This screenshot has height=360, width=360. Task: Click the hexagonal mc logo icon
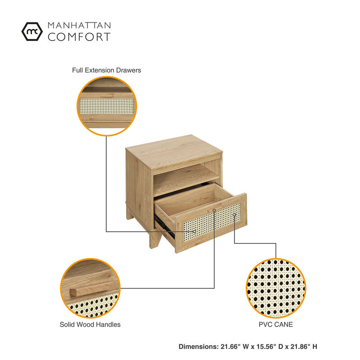pyautogui.click(x=32, y=31)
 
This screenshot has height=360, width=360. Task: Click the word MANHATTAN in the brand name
pyautogui.click(x=79, y=25)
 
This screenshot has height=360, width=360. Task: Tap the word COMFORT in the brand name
pyautogui.click(x=79, y=37)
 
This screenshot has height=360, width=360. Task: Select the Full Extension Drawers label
pyautogui.click(x=107, y=70)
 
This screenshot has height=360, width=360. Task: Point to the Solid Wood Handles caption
pyautogui.click(x=90, y=324)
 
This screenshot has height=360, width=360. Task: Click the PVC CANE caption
pyautogui.click(x=276, y=324)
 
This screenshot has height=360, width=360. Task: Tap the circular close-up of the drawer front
pyautogui.click(x=107, y=106)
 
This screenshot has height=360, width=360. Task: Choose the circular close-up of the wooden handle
pyautogui.click(x=90, y=288)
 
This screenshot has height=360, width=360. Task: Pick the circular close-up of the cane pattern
pyautogui.click(x=276, y=288)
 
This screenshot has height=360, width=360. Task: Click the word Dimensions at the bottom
pyautogui.click(x=198, y=346)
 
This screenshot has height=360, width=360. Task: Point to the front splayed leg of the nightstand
pyautogui.click(x=155, y=240)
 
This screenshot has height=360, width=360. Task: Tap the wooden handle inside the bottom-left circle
pyautogui.click(x=91, y=289)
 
